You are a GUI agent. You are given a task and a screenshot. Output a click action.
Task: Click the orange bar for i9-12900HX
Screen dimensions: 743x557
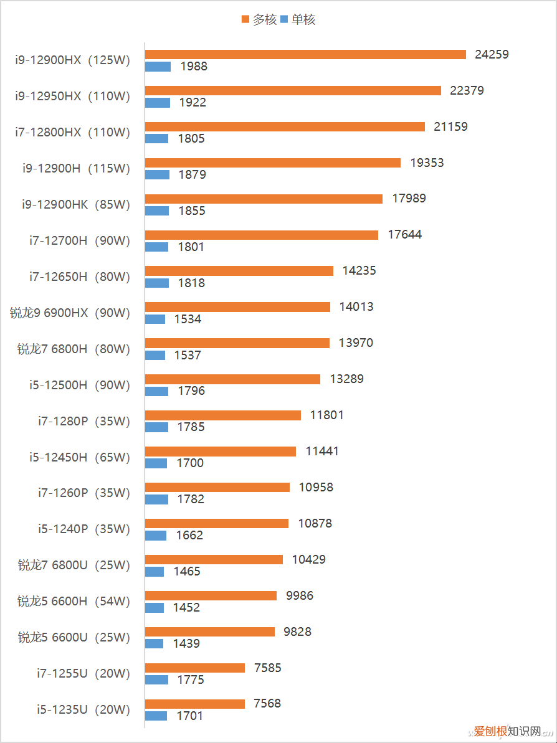pyautogui.click(x=305, y=55)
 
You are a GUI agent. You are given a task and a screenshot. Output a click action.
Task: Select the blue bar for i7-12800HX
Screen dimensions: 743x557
pyautogui.click(x=157, y=139)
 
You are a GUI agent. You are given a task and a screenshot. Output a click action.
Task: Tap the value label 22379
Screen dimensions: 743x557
pyautogui.click(x=467, y=91)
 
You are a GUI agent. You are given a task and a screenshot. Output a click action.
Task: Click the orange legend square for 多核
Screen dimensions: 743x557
pyautogui.click(x=245, y=20)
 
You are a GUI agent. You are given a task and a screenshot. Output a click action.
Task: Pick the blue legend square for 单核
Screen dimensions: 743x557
pyautogui.click(x=285, y=20)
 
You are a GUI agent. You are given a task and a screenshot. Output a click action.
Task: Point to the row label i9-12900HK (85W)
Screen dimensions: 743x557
pyautogui.click(x=75, y=205)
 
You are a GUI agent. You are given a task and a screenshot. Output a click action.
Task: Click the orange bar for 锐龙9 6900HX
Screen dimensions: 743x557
pyautogui.click(x=237, y=307)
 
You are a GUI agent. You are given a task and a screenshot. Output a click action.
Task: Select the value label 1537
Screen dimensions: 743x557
pyautogui.click(x=188, y=356)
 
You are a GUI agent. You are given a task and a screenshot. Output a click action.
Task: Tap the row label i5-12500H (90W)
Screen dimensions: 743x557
pyautogui.click(x=79, y=386)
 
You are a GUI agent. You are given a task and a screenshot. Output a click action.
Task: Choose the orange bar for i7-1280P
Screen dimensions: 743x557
pyautogui.click(x=223, y=415)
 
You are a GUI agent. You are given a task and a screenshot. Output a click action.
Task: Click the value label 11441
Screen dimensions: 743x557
pyautogui.click(x=322, y=452)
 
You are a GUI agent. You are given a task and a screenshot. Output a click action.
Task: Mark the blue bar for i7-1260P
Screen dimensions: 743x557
pyautogui.click(x=157, y=499)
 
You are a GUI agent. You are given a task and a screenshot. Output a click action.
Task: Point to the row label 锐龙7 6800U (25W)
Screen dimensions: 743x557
pyautogui.click(x=74, y=566)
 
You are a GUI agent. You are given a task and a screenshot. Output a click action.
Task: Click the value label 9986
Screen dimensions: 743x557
pyautogui.click(x=300, y=596)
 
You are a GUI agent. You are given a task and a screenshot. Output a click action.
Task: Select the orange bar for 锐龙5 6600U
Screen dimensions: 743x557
pyautogui.click(x=210, y=632)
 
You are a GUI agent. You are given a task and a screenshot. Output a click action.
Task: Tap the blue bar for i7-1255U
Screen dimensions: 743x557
pyautogui.click(x=157, y=680)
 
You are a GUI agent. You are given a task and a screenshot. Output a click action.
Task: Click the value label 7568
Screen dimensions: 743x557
pyautogui.click(x=267, y=704)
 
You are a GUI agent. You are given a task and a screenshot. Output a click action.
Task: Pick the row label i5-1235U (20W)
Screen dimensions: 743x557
pyautogui.click(x=83, y=710)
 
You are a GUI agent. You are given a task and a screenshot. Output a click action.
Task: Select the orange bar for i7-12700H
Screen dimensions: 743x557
pyautogui.click(x=262, y=235)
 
